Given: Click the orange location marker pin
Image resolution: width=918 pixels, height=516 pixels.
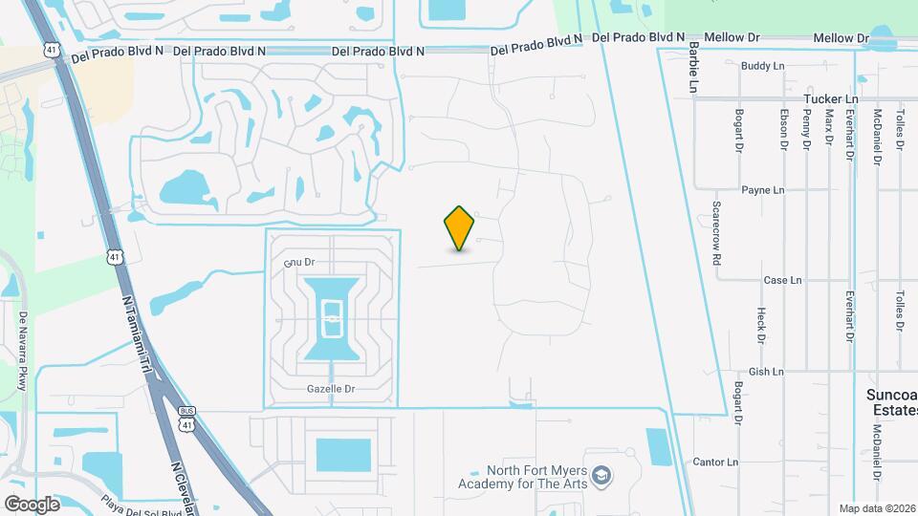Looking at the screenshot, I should click(x=460, y=228).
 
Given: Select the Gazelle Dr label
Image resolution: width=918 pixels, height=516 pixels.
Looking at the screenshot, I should click(x=332, y=389).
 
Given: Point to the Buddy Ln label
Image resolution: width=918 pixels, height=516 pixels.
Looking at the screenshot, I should click(x=762, y=65).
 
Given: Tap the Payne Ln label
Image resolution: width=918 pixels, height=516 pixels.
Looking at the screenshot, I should click(x=762, y=190).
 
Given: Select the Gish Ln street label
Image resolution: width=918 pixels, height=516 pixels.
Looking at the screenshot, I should click(x=766, y=372).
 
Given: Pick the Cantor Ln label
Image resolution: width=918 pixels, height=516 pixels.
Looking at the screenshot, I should click(x=715, y=462).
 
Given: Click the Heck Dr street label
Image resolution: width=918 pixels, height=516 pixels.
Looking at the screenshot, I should click(x=761, y=325).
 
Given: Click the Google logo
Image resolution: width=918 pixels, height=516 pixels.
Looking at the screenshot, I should click(x=32, y=504).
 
